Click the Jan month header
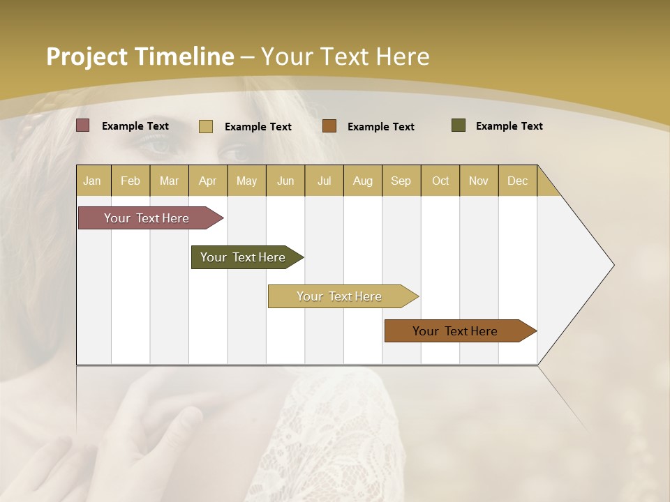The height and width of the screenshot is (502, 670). [x=92, y=181]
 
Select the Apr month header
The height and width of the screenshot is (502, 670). [x=207, y=181]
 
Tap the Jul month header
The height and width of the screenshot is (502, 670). [x=324, y=181]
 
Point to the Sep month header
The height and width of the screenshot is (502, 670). [x=401, y=181]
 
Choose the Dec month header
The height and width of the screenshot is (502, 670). [x=517, y=181]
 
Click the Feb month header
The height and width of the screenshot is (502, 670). [x=131, y=181]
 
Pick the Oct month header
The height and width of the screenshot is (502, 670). [x=440, y=181]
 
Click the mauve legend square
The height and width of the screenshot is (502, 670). [x=82, y=125]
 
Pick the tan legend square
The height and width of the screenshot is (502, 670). [x=205, y=126]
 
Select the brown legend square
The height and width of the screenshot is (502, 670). [x=329, y=125]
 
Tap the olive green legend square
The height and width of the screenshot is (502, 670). [x=459, y=125]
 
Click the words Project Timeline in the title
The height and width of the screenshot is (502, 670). [x=140, y=56]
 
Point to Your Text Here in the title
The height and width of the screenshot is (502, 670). [x=345, y=56]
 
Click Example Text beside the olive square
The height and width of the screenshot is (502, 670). [x=509, y=126]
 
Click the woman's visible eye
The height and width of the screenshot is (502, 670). [x=161, y=145]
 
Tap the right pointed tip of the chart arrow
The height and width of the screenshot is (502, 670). [x=612, y=265]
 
